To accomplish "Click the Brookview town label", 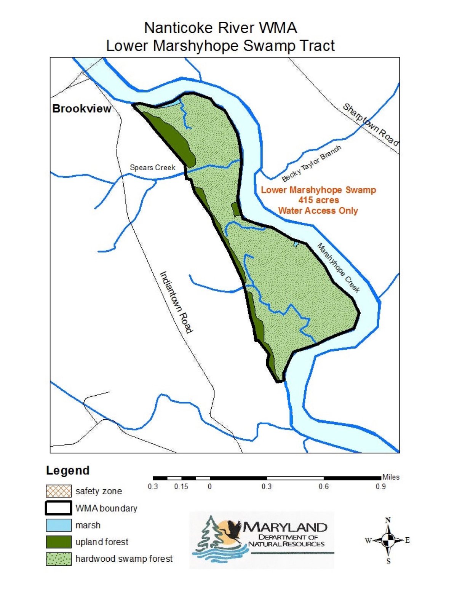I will point(81,109).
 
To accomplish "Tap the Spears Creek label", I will point(152,168).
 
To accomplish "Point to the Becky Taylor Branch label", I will point(312,164).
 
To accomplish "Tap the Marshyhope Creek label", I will point(339,268).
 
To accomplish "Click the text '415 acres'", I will point(318,200).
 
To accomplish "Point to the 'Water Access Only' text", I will point(318,211).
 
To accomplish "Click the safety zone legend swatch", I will point(59,491).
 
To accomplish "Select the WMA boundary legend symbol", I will point(59,508).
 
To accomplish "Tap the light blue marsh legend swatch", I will point(59,525).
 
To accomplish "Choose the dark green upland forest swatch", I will point(59,542).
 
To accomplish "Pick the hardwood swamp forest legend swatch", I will point(59,559).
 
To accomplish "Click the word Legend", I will point(68,471).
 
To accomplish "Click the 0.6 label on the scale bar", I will point(324,487).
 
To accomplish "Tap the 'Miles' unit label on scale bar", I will point(391,477).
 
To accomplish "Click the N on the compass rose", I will point(388,520).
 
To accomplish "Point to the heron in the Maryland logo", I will point(233,529).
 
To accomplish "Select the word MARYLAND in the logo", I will point(285,527).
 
